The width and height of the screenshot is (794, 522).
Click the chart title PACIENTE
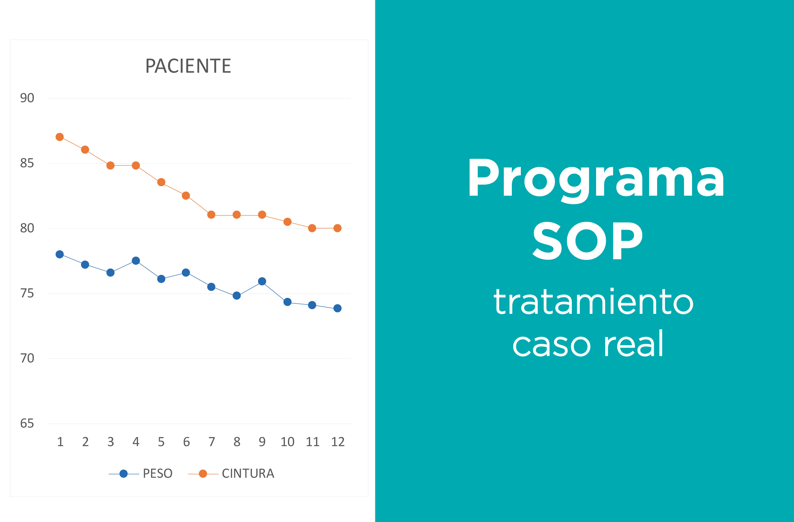(188, 66)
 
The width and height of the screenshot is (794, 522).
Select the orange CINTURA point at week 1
(60, 137)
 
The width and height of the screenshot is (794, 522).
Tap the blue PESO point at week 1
(60, 255)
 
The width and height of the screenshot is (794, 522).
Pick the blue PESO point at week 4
(136, 260)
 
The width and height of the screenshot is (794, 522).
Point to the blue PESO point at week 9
(262, 281)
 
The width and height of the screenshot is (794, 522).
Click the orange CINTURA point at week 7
(211, 215)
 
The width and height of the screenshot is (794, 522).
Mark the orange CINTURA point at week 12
(337, 228)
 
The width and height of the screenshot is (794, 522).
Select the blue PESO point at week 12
(337, 308)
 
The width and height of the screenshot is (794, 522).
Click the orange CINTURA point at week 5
(161, 182)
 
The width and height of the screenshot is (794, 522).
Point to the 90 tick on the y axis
(27, 98)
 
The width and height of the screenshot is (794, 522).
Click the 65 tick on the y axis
(27, 424)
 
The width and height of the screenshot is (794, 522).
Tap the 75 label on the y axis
(27, 293)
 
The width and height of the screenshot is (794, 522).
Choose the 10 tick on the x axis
(287, 442)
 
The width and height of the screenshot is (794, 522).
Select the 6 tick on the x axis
(186, 442)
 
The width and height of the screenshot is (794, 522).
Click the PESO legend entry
(141, 474)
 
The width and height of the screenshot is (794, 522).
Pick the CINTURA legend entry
(231, 474)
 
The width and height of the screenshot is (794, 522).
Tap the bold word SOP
(588, 241)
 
